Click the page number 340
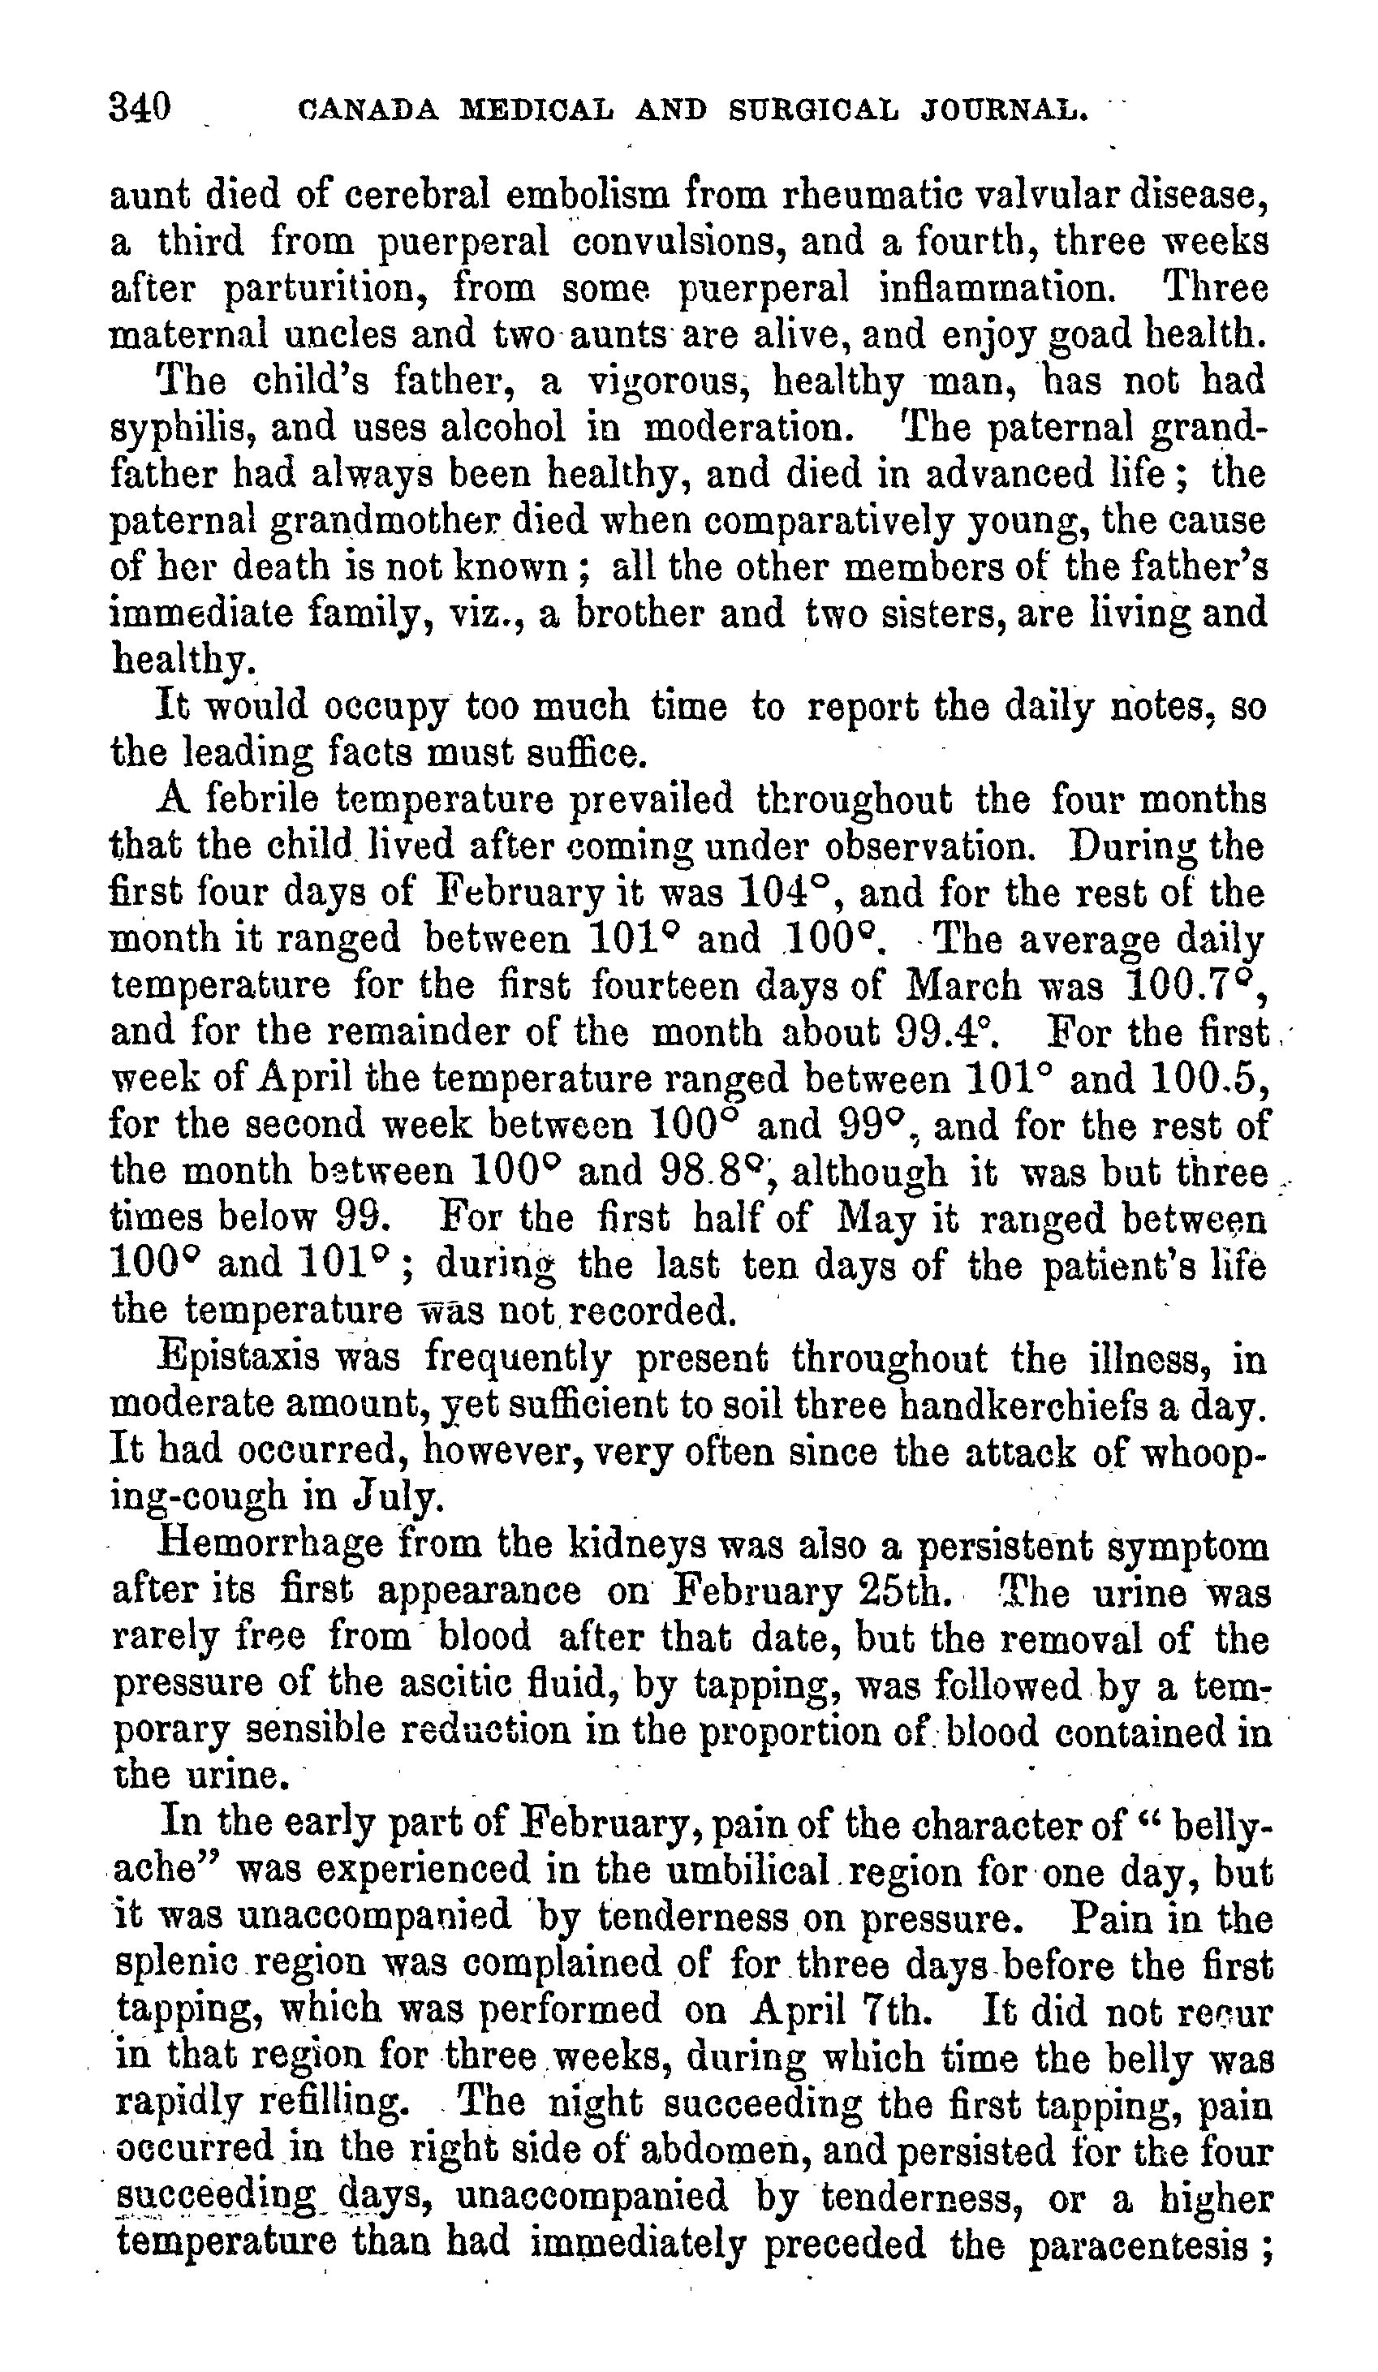140,107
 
